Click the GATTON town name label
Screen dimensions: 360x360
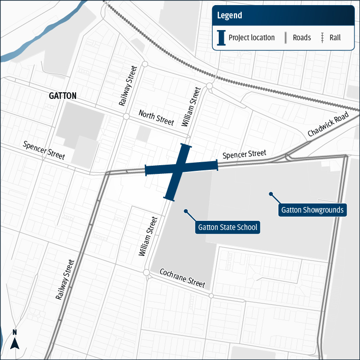(63, 96)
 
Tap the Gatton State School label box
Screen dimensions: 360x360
(227, 227)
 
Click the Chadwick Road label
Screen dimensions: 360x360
(328, 125)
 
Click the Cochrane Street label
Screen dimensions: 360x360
(182, 278)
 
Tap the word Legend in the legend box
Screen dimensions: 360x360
(229, 15)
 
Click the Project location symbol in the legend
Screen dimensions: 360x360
(221, 38)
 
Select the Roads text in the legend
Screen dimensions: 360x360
(302, 38)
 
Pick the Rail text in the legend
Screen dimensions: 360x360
(335, 38)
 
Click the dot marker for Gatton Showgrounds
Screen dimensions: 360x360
(271, 194)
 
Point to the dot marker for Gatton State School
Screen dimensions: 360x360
(186, 211)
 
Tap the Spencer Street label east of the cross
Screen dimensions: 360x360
(244, 154)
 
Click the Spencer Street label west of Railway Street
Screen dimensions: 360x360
(44, 151)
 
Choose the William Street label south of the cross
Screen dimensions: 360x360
(148, 236)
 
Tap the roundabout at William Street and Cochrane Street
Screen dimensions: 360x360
(146, 273)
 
